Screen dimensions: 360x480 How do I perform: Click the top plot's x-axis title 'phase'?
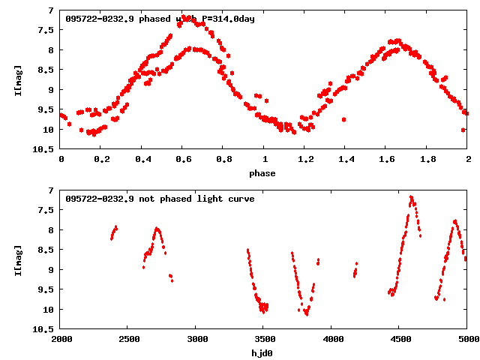tap(262, 173)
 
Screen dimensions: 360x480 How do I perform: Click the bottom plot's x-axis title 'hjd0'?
tap(262, 353)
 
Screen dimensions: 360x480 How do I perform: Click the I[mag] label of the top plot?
tap(17, 80)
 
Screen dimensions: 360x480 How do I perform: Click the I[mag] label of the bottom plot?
tap(17, 260)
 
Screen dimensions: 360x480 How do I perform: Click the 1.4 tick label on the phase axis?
tap(346, 160)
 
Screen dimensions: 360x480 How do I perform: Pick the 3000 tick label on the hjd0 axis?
tap(196, 340)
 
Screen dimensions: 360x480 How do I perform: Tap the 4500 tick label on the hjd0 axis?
tap(400, 340)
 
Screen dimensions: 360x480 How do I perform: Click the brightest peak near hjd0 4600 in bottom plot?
tap(411, 198)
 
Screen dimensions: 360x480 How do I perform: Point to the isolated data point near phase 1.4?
tap(343, 119)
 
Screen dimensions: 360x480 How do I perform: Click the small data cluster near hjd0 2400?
tap(113, 232)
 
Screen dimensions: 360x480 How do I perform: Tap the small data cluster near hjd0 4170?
tap(355, 270)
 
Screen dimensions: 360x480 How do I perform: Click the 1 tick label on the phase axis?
tap(264, 160)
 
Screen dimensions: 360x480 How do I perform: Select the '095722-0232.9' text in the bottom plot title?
tap(100, 199)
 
